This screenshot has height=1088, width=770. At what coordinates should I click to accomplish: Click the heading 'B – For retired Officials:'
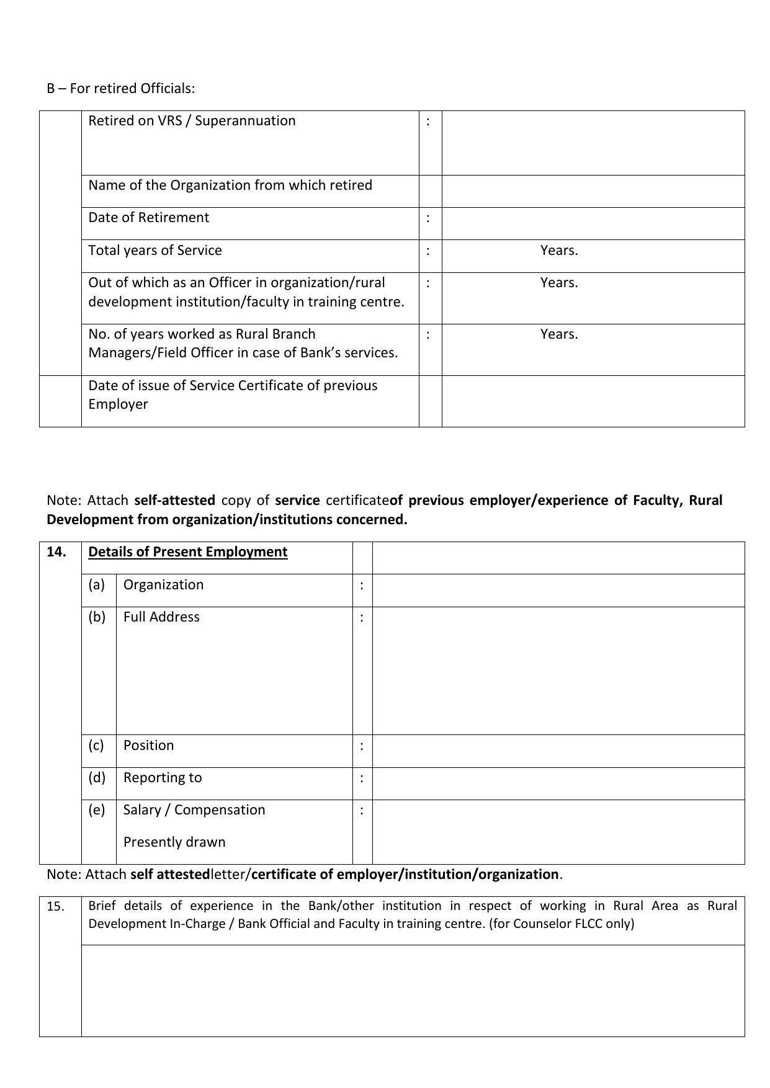(120, 89)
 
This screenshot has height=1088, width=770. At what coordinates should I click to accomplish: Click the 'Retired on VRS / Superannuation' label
(192, 121)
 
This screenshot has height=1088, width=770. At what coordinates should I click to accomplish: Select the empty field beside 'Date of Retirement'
(593, 223)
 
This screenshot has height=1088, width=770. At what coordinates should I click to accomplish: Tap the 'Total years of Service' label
(155, 251)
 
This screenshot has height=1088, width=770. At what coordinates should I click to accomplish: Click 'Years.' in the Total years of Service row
(559, 251)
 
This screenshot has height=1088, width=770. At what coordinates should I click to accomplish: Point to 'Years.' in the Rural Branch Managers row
(559, 334)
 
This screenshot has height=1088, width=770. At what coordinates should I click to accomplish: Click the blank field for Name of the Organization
(593, 191)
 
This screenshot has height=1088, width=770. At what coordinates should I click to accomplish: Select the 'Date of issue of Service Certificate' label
(233, 386)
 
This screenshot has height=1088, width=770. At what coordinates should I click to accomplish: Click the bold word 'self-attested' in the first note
(174, 501)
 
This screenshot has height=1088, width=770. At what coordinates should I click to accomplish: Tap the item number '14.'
(56, 552)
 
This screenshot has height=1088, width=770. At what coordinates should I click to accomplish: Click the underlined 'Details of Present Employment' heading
(187, 552)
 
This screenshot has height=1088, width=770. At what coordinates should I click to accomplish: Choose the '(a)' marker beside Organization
(96, 585)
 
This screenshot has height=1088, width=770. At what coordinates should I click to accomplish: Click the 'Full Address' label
(161, 617)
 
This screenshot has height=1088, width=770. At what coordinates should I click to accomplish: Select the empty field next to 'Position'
(558, 751)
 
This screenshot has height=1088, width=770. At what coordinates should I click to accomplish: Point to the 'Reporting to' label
(163, 778)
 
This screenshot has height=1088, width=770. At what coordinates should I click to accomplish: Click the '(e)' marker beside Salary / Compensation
(96, 810)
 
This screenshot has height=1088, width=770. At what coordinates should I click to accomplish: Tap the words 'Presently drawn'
(174, 842)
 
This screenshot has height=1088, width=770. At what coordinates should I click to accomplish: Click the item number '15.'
(56, 907)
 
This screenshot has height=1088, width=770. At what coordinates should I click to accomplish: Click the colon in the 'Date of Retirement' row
(428, 218)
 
